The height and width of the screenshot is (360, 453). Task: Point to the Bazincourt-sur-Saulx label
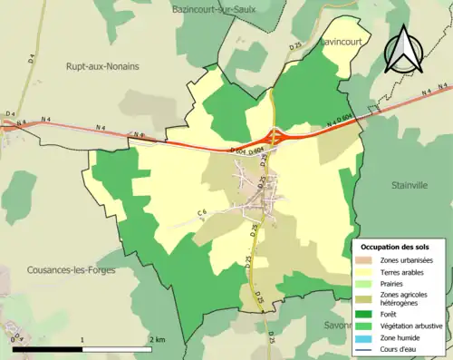[x=215, y=9]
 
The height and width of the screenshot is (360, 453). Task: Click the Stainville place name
[x=410, y=185]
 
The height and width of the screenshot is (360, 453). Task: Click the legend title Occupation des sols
[x=395, y=247]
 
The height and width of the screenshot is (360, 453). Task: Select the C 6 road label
[x=203, y=213]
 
